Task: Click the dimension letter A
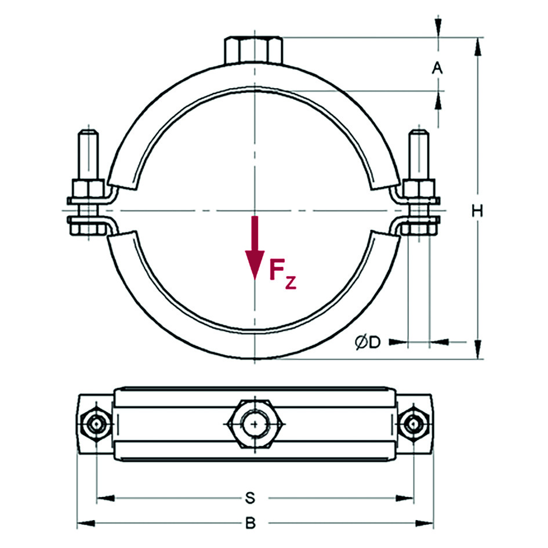438,68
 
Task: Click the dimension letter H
477,211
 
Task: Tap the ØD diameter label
368,343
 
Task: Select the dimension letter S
250,498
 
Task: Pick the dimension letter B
250,524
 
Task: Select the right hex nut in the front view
419,188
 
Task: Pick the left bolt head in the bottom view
95,425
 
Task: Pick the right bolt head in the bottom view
414,425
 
